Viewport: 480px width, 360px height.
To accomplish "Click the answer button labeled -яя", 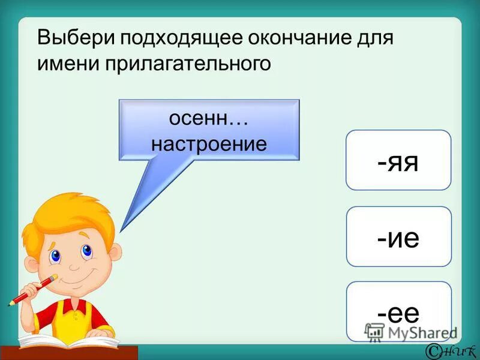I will pyautogui.click(x=398, y=160).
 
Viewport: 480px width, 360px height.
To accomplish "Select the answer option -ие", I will pyautogui.click(x=398, y=236).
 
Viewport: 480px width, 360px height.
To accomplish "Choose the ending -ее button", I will pyautogui.click(x=398, y=311).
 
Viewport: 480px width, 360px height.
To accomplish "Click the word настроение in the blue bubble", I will pyautogui.click(x=209, y=144).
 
